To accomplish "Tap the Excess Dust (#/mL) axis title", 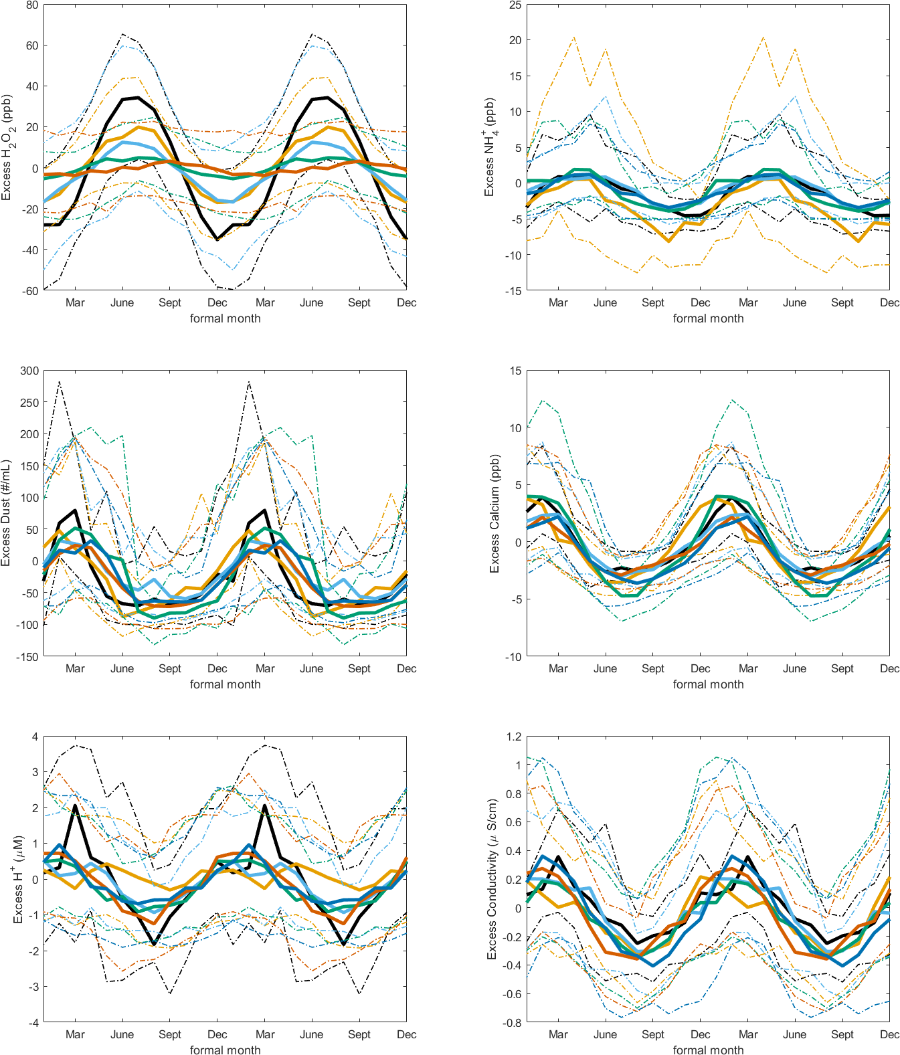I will click(x=7, y=513).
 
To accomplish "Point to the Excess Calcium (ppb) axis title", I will click(x=495, y=513).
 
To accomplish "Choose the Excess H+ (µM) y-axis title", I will click(x=18, y=879).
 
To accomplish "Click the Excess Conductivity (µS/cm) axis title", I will click(x=492, y=879).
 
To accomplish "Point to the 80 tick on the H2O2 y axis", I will click(x=32, y=5).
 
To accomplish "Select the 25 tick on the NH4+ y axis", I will click(x=515, y=5).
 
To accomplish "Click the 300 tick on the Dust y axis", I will click(x=29, y=371).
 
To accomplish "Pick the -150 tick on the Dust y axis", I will click(x=27, y=657).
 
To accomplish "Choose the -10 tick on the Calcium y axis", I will click(x=513, y=657).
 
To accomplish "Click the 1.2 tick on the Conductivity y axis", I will click(x=514, y=737).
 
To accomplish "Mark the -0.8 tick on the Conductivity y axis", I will click(x=512, y=1023).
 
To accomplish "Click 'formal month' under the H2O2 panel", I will click(x=225, y=318).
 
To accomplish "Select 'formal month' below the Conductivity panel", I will click(x=708, y=1050).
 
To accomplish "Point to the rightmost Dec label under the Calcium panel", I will click(x=889, y=668).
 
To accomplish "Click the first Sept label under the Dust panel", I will click(x=170, y=668).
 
